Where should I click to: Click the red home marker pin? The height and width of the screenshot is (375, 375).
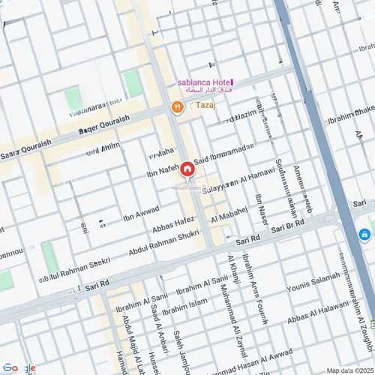186,169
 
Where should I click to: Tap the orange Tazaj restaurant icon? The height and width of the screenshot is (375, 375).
177,107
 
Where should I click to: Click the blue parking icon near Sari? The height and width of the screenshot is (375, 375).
364,234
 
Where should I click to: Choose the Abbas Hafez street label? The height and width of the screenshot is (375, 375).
173,226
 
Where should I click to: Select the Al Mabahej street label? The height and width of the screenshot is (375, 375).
229,215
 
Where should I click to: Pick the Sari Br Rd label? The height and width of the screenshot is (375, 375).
289,226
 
